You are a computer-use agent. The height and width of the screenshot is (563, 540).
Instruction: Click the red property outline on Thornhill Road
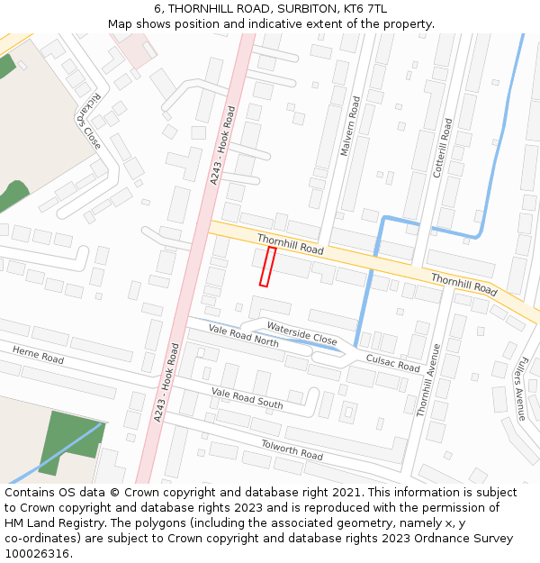pos(267,267)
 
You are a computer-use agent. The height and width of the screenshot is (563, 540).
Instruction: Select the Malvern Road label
pos(349,126)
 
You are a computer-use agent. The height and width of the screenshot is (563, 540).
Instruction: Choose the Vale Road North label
pos(243,335)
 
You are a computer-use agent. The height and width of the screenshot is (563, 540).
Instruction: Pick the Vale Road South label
pos(247,397)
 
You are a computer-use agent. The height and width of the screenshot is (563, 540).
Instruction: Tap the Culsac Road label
pos(392,363)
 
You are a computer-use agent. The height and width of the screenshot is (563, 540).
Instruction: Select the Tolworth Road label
pos(292,449)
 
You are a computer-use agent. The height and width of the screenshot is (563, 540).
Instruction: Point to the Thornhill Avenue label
pos(427,379)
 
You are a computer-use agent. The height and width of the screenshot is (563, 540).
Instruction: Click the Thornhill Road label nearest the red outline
pos(290,244)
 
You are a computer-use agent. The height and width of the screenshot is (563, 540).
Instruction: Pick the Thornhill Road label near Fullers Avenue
pos(463,286)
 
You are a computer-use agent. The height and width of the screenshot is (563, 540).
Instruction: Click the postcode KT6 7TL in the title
pos(365,9)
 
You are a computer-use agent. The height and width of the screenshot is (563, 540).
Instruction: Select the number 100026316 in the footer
pos(38,553)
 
